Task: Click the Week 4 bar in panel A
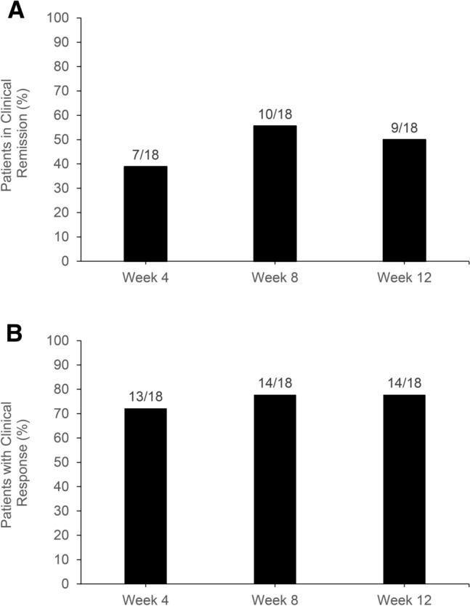[x=145, y=213]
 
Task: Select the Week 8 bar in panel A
[x=275, y=193]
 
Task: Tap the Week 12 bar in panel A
[x=404, y=199]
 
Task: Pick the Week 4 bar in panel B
[x=145, y=495]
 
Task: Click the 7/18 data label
[x=145, y=156]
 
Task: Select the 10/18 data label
[x=275, y=115]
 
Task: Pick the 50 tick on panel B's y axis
[x=65, y=462]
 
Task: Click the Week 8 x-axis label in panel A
[x=275, y=277]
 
